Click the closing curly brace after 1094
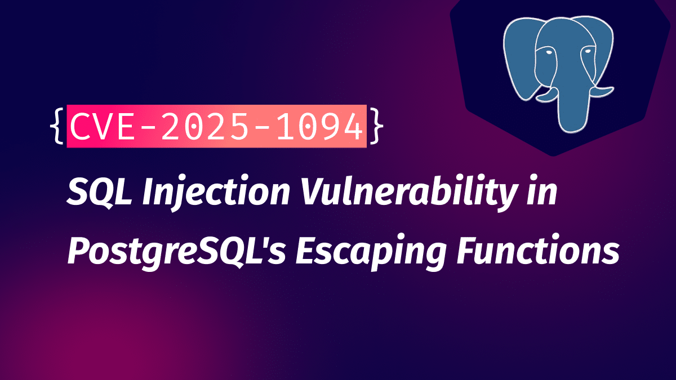pos(377,126)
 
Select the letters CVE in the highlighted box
pos(101,126)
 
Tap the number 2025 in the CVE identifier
pos(205,126)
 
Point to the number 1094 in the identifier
pos(319,126)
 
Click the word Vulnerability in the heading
pos(408,193)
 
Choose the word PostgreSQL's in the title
pos(176,252)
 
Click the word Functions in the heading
pos(538,249)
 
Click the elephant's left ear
pos(521,57)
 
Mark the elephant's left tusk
pos(547,96)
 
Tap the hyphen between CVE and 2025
pos(148,127)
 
